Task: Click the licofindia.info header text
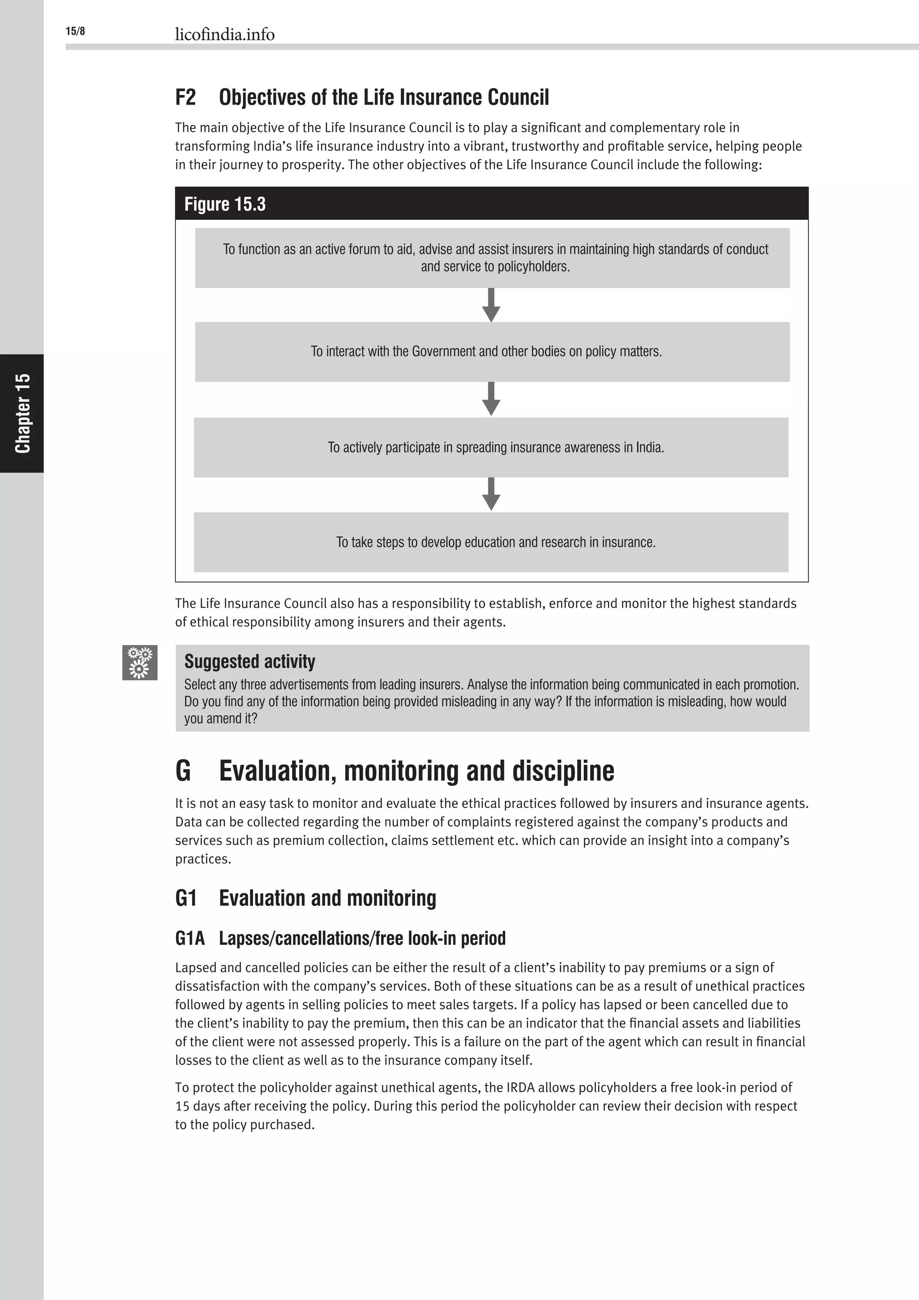[x=225, y=35]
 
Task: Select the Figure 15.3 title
[x=225, y=204]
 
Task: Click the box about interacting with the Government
[x=492, y=351]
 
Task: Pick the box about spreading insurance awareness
[x=490, y=447]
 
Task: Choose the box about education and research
[x=490, y=542]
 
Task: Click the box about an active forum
[x=492, y=258]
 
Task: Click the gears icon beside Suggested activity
[x=140, y=663]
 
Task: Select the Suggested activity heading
[x=249, y=661]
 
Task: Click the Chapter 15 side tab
[x=22, y=413]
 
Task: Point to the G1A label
[x=189, y=938]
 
